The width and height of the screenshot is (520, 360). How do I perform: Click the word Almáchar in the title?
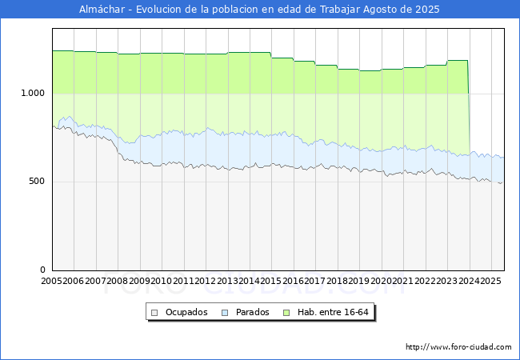(x=102, y=10)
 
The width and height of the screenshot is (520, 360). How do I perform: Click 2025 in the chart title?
(x=427, y=10)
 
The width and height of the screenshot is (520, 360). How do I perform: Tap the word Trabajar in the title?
(x=339, y=10)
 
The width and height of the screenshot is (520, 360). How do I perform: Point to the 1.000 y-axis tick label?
(x=33, y=93)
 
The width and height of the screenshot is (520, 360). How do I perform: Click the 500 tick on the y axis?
(x=37, y=181)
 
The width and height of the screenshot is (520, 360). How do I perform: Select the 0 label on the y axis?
(x=42, y=270)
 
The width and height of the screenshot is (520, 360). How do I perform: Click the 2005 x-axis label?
(x=51, y=281)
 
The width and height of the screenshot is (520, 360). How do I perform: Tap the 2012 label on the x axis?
(x=206, y=281)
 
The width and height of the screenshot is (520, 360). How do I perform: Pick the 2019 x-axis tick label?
(x=359, y=281)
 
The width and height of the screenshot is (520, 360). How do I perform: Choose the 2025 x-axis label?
(x=490, y=281)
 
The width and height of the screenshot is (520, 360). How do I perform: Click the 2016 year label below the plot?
(x=293, y=281)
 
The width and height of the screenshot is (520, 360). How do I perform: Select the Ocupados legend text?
(x=186, y=312)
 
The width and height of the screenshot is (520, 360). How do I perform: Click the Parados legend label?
(x=252, y=312)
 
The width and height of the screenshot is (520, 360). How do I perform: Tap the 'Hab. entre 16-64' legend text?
(x=333, y=312)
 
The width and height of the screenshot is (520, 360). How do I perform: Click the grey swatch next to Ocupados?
(x=154, y=313)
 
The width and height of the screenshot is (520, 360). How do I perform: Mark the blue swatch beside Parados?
(x=225, y=313)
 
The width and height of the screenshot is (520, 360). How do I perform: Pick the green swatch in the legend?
(x=286, y=313)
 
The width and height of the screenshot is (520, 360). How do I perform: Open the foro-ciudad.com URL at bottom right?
(x=458, y=347)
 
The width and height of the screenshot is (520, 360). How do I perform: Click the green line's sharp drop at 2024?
(x=469, y=106)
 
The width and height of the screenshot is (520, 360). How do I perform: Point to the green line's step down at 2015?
(x=271, y=55)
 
